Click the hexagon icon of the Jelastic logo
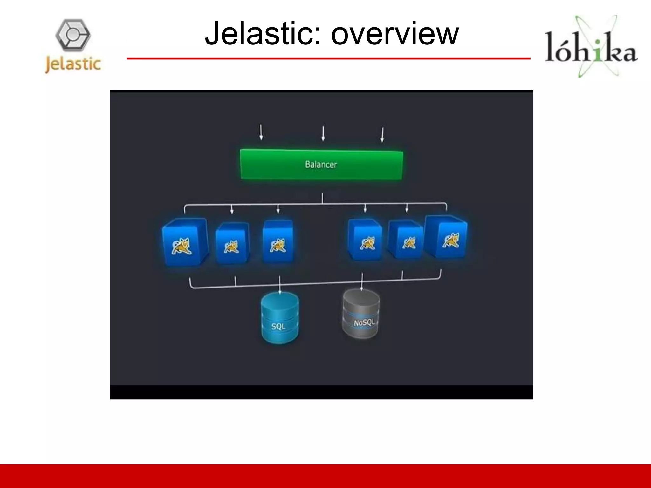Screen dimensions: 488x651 coord(73,35)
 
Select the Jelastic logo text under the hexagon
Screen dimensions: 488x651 coord(73,64)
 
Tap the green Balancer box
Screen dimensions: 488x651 coord(321,165)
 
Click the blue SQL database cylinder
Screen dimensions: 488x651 coord(280,318)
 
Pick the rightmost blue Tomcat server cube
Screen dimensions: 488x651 coord(447,236)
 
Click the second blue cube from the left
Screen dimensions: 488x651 coord(232,243)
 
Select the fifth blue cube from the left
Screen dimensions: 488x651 coord(406,240)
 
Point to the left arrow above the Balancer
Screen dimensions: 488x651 coord(261,132)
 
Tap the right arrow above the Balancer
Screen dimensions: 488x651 coord(382,134)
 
